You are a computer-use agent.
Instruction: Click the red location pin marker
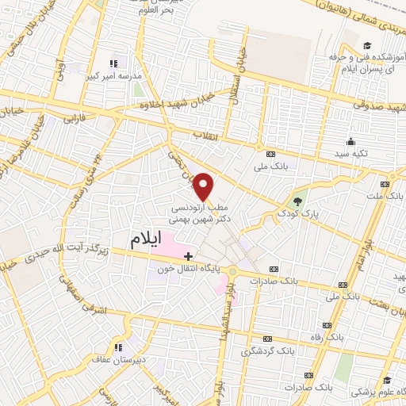pyautogui.click(x=204, y=186)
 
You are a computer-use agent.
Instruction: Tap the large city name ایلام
pyautogui.click(x=151, y=238)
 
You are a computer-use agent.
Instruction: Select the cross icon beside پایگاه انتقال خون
pyautogui.click(x=188, y=255)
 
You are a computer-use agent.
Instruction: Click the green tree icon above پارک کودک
pyautogui.click(x=299, y=200)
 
